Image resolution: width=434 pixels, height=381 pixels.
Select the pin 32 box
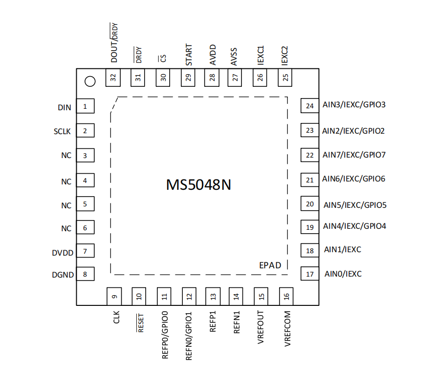pyautogui.click(x=113, y=78)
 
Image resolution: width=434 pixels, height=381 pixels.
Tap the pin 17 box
pyautogui.click(x=309, y=274)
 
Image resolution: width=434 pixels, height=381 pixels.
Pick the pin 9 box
pyautogui.click(x=114, y=296)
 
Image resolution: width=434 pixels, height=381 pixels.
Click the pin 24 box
pyautogui.click(x=309, y=106)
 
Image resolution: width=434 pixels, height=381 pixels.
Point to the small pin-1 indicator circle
pyautogui.click(x=89, y=81)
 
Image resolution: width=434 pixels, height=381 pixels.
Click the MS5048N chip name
pyautogui.click(x=198, y=185)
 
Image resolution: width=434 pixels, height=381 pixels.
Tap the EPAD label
pyautogui.click(x=270, y=265)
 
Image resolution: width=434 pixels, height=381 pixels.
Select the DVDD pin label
pyautogui.click(x=63, y=253)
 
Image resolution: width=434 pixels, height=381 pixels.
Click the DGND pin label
pyautogui.click(x=63, y=275)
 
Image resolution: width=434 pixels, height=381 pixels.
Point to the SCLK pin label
pyautogui.click(x=63, y=132)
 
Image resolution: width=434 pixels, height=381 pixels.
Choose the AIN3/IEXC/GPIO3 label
pyautogui.click(x=354, y=105)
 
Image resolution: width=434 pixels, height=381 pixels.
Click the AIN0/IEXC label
pyautogui.click(x=343, y=274)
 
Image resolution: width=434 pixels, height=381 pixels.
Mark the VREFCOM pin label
pyautogui.click(x=287, y=329)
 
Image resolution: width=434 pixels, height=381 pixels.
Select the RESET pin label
pyautogui.click(x=140, y=322)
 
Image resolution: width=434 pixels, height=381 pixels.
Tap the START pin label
pyautogui.click(x=189, y=55)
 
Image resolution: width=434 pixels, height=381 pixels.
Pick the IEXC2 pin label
pyautogui.click(x=285, y=56)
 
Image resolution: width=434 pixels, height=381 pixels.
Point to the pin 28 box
pyautogui.click(x=212, y=78)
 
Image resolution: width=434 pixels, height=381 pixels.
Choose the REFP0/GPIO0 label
pyautogui.click(x=165, y=335)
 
